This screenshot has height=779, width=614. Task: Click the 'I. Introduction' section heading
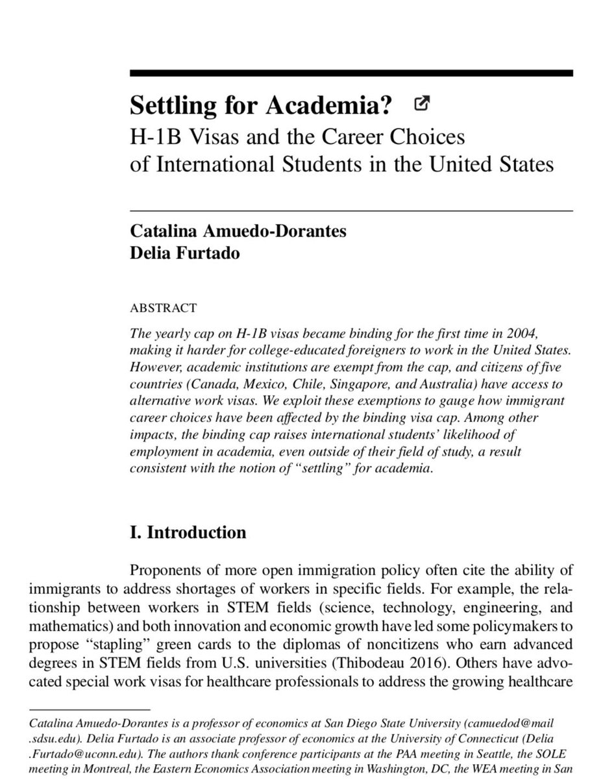(188, 533)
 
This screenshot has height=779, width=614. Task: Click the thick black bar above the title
(351, 73)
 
